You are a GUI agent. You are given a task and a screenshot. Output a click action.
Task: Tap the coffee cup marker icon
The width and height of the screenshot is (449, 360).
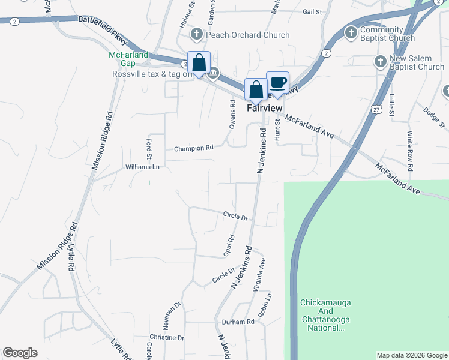(277, 82)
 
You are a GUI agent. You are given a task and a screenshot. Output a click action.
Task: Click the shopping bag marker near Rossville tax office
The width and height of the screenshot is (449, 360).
(198, 62)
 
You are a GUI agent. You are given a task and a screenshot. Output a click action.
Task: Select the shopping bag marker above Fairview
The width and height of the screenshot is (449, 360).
(256, 89)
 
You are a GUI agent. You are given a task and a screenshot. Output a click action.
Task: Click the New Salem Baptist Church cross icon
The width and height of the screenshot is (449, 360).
(380, 61)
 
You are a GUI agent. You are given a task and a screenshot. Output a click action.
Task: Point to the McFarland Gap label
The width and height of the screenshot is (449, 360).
(128, 58)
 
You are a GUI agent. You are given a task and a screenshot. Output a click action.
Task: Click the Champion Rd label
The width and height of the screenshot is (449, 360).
(194, 148)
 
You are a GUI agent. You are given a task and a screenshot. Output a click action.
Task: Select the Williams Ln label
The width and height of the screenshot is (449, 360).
(143, 167)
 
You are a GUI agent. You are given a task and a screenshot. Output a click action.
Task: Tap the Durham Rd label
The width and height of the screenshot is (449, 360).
(238, 322)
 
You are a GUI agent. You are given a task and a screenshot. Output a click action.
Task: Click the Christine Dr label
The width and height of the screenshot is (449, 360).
(167, 338)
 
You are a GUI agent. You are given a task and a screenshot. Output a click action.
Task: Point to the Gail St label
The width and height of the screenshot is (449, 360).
(313, 11)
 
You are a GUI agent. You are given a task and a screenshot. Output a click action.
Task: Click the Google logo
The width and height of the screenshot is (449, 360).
(20, 353)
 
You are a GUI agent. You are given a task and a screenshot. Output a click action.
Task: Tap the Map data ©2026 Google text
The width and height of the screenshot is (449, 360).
(412, 355)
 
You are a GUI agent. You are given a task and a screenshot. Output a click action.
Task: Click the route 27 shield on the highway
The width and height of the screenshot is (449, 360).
(376, 110)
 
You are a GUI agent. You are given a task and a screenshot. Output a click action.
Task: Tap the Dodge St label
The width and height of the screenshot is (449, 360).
(433, 117)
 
